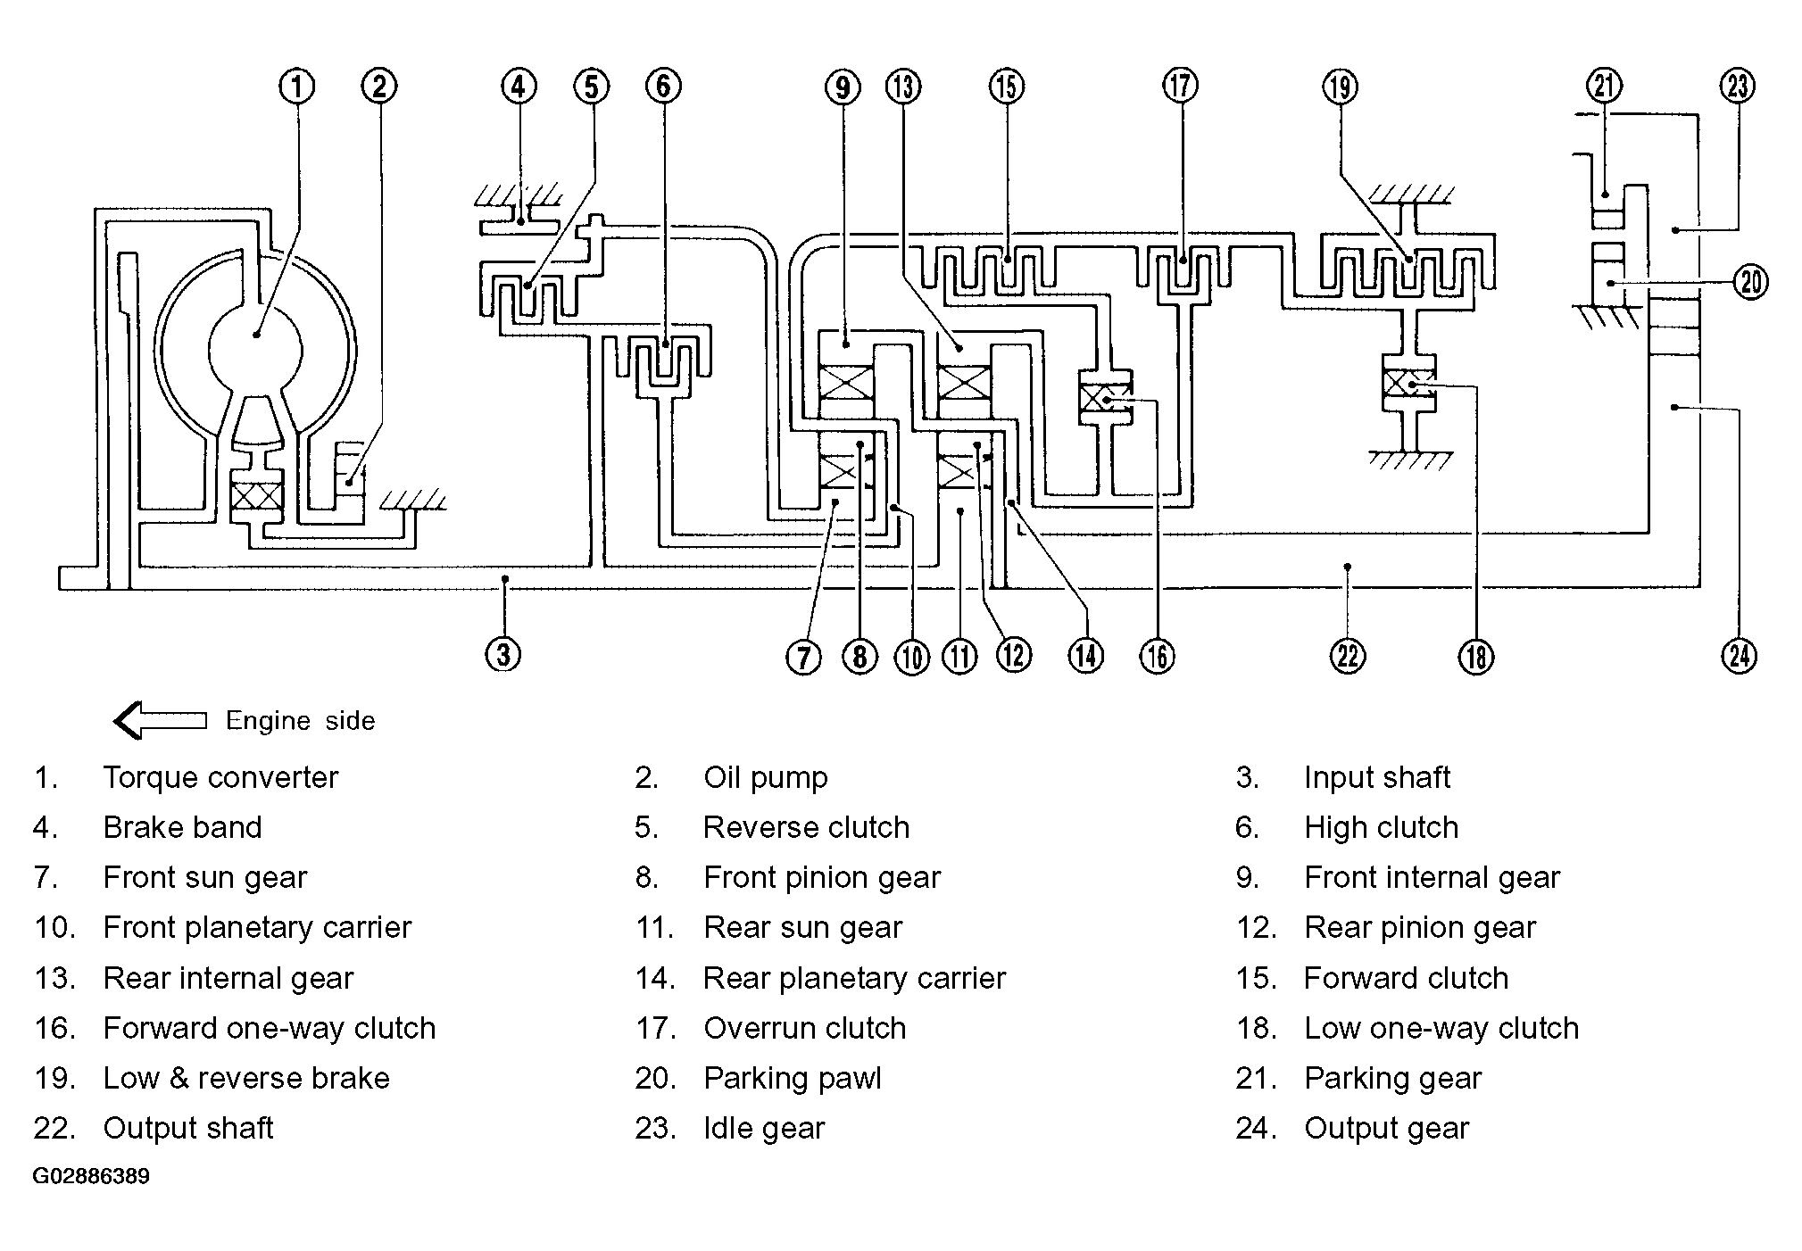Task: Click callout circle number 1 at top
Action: pos(297,87)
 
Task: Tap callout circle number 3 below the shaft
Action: pos(503,654)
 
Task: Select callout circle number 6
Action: pos(663,87)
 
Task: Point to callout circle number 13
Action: pos(903,87)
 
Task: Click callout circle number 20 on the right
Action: pos(1750,283)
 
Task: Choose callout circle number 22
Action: pos(1348,657)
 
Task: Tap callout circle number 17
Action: pos(1181,87)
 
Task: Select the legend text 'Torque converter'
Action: pos(220,778)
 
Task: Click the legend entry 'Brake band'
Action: pos(182,828)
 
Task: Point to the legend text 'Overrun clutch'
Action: pos(804,1028)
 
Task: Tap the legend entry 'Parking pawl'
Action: pos(793,1079)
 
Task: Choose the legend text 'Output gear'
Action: pos(1386,1129)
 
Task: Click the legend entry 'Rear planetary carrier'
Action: pos(854,979)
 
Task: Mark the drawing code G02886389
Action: pos(91,1176)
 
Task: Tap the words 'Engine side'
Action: pos(300,721)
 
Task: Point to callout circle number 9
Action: pos(842,87)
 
